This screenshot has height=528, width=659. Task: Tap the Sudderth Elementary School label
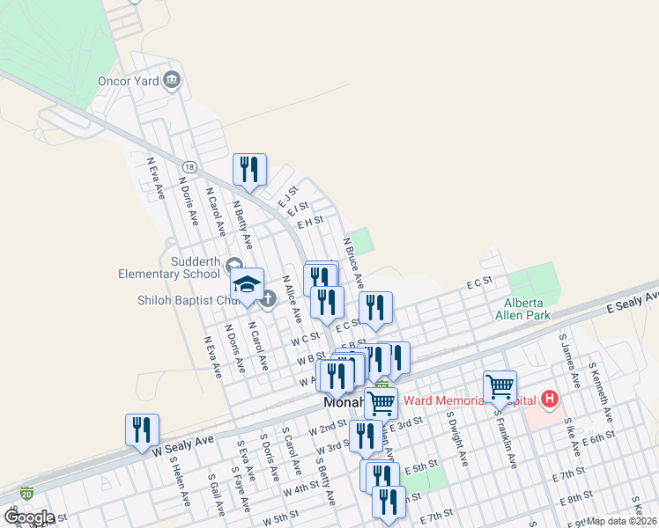click(x=170, y=268)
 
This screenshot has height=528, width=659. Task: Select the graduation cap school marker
click(x=248, y=285)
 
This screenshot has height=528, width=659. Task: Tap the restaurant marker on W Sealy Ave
click(x=142, y=430)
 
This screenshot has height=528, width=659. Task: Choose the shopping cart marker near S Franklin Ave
click(x=500, y=386)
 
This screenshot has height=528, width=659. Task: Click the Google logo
click(x=28, y=517)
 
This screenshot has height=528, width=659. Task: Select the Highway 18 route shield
click(x=189, y=167)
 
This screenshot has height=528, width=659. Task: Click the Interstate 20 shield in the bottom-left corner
click(x=27, y=494)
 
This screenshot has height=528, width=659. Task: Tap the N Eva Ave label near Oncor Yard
click(x=156, y=179)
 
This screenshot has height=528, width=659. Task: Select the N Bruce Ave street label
click(x=352, y=262)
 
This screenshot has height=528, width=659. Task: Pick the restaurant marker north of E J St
click(x=250, y=169)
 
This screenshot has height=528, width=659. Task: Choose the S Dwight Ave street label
click(x=455, y=438)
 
